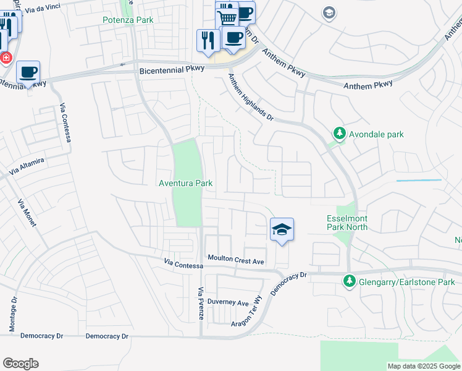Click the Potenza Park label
(x=128, y=20)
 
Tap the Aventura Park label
(x=186, y=183)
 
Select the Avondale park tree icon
(x=339, y=133)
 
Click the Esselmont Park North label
(x=347, y=223)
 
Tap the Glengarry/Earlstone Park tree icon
(x=349, y=282)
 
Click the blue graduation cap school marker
(x=282, y=229)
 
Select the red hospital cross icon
(x=6, y=58)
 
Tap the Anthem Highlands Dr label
(x=250, y=98)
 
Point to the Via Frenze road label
(x=200, y=303)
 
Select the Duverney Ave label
(x=228, y=303)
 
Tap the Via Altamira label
(x=26, y=165)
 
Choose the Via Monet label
(x=27, y=213)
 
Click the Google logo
(x=20, y=363)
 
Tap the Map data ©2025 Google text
(x=423, y=366)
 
